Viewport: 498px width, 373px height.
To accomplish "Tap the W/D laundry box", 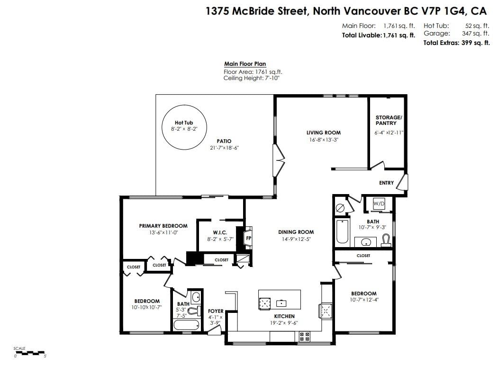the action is coord(379,204).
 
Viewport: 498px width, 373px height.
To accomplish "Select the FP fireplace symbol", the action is coord(247,238).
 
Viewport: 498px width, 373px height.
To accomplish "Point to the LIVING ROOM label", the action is coord(323,133).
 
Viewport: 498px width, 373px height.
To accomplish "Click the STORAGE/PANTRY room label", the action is coord(388,120).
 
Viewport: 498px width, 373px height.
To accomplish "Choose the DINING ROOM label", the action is coord(296,232).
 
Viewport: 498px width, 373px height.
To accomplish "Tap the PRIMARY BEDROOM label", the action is coord(163,226).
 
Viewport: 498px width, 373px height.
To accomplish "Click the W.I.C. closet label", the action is coord(220,232).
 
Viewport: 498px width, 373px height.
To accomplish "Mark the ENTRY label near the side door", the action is coord(386,183).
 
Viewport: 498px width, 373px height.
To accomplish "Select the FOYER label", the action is coord(216,311).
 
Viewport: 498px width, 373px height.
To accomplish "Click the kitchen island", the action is coord(280,300).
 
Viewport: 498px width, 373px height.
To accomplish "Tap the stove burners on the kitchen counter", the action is coord(304,336).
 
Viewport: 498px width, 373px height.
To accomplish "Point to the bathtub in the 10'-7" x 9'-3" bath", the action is coord(342,231).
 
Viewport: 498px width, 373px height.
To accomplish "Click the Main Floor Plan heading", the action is coord(245,64).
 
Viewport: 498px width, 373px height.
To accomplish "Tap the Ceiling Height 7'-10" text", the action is coord(251,79).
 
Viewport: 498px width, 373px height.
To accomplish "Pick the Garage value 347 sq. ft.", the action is coord(475,33).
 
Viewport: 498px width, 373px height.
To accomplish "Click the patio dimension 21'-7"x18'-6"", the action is coord(224,148).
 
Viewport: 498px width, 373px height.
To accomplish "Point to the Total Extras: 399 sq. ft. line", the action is coord(456,43).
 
